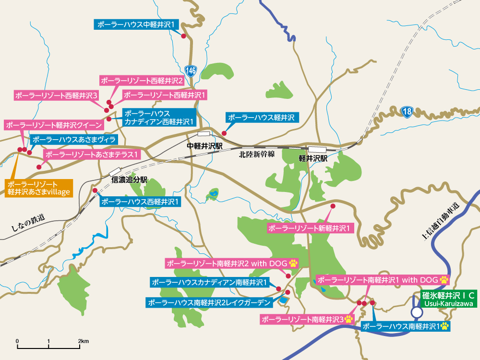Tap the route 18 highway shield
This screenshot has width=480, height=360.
[407, 112]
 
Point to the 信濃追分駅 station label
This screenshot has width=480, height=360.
[129, 180]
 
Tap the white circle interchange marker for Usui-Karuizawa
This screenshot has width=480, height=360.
[417, 312]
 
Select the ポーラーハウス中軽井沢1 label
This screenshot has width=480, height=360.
[138, 24]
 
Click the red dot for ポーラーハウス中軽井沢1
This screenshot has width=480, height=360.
[183, 36]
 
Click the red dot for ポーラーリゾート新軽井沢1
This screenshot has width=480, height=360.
[332, 206]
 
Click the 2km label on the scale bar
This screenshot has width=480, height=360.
[84, 341]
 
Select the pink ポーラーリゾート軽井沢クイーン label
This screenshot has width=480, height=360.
[54, 125]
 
